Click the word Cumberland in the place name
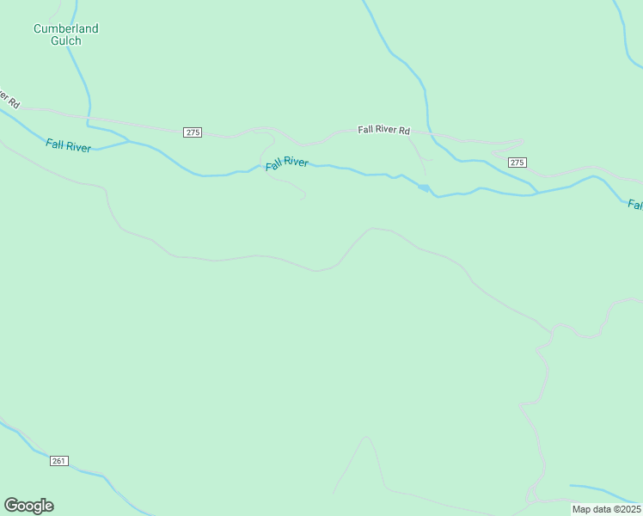66,28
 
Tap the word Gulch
66,40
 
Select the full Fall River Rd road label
384,130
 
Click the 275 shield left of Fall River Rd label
193,132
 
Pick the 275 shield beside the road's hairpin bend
517,162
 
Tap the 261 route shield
58,462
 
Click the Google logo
28,506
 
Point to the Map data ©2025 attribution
605,509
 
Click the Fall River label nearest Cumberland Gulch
69,147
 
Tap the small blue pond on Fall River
424,187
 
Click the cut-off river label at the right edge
634,205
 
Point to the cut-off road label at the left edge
9,95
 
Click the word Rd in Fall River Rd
403,131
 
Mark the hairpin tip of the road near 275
522,141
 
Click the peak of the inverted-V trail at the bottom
367,437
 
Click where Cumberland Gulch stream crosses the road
87,116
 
